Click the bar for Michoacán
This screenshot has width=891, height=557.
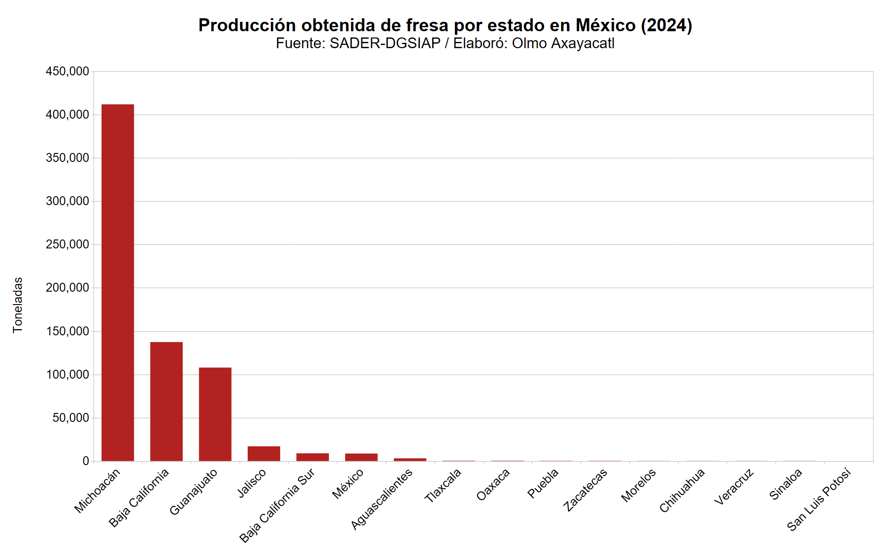(118, 282)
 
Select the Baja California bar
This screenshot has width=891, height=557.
(166, 401)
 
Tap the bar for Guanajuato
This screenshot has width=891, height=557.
(215, 414)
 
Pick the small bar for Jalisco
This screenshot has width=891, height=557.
(264, 454)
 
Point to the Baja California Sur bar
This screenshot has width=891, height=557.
(312, 457)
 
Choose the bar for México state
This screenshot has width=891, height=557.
(361, 457)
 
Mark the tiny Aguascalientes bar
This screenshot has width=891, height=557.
(410, 459)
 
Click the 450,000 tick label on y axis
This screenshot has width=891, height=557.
(67, 71)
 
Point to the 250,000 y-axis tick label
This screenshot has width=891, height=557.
(67, 244)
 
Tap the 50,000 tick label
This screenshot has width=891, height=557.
(71, 418)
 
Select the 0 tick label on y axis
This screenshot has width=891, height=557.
(86, 461)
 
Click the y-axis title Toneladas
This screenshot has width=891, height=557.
(17, 305)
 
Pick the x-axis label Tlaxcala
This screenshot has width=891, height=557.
(443, 486)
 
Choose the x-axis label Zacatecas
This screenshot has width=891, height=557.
(585, 490)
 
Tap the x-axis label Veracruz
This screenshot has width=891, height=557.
(734, 487)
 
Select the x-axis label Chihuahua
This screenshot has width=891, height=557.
(682, 490)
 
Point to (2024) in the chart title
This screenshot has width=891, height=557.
(666, 25)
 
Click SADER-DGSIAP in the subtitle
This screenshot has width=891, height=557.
(385, 43)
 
